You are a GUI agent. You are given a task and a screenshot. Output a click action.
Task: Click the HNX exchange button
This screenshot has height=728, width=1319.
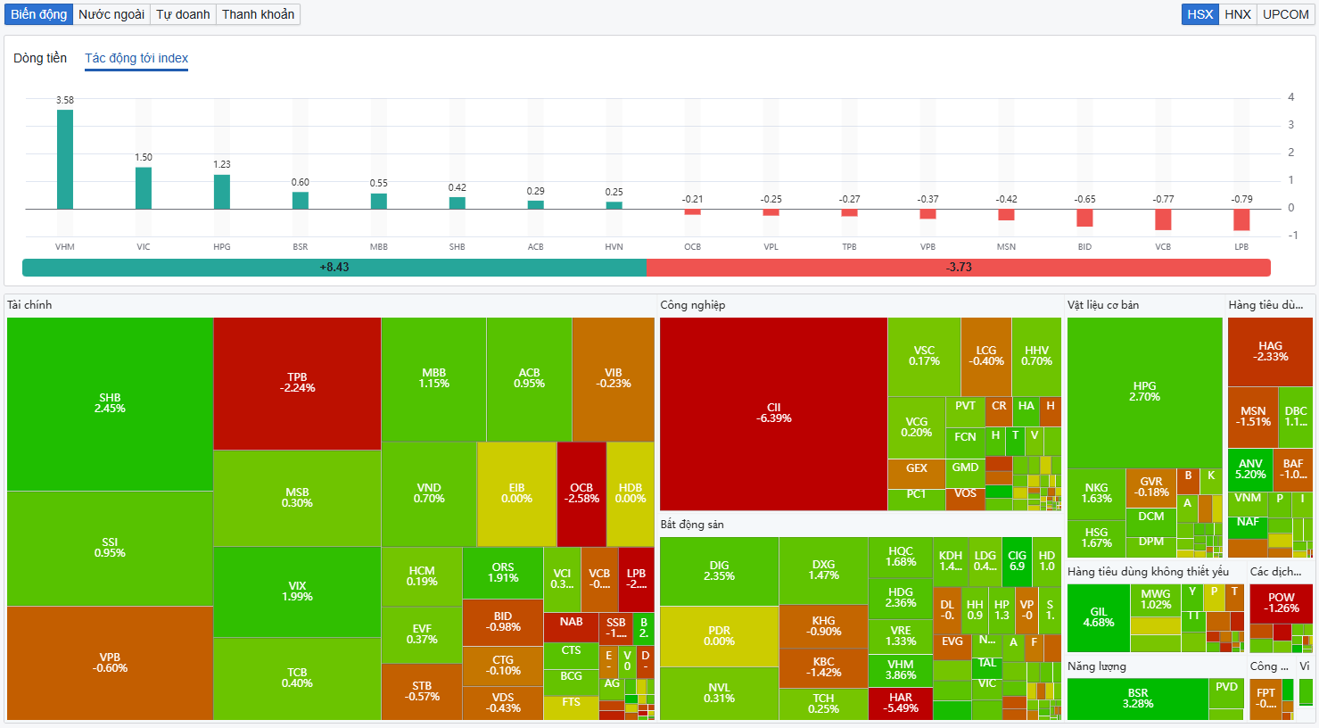coord(1237,14)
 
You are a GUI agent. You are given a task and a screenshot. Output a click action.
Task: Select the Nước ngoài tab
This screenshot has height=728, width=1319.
coord(111,14)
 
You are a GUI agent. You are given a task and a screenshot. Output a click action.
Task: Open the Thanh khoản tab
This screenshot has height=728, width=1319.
coord(258,14)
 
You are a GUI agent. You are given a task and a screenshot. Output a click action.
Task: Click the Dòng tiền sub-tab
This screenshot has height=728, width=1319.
coord(40,58)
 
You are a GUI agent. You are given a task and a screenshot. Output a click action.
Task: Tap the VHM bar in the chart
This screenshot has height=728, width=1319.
coord(65,160)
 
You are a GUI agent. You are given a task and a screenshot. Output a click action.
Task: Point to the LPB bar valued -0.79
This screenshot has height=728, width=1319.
coord(1241,219)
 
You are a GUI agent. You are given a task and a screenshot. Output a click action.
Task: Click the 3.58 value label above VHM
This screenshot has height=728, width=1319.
coord(65,100)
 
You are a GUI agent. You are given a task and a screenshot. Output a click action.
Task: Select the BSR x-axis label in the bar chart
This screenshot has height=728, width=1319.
coord(301,247)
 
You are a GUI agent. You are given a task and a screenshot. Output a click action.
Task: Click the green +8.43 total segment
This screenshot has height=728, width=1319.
coord(334,267)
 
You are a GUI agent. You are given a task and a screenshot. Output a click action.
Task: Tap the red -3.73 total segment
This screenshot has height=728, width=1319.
coord(959,267)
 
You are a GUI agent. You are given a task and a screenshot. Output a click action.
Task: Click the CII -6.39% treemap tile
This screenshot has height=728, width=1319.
coord(773,413)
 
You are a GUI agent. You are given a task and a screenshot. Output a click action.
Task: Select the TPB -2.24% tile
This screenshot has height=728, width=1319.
coord(297,383)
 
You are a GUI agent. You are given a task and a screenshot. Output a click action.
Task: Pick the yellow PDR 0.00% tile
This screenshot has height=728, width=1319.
coord(719,636)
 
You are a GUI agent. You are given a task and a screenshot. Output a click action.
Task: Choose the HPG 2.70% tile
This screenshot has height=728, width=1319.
coord(1144,392)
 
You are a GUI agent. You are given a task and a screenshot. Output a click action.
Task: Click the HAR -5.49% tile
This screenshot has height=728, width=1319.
coord(901,703)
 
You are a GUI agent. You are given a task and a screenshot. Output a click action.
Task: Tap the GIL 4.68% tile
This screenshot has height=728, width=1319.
coord(1098,617)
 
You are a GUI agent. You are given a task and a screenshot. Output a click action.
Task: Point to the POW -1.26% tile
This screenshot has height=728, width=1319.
coord(1281,603)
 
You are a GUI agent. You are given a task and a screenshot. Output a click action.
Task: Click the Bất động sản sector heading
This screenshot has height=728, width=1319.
coord(692,525)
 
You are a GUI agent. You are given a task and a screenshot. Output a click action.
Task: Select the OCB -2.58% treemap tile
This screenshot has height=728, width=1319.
coord(581,493)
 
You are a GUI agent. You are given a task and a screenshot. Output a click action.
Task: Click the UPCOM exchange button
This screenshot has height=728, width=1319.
coord(1285,14)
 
